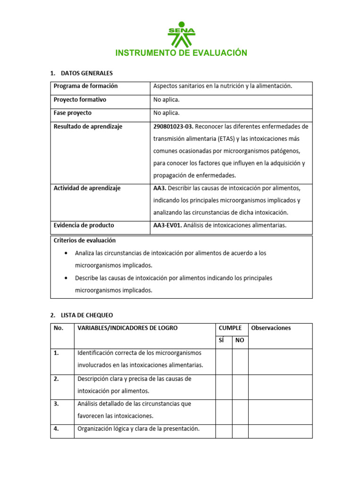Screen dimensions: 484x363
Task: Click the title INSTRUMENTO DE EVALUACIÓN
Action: [181, 53]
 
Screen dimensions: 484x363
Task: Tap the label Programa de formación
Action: [86, 86]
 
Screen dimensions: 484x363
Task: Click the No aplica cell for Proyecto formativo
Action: [166, 100]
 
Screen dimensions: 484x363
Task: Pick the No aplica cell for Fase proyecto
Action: [166, 113]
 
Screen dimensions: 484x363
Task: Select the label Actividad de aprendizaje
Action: [87, 188]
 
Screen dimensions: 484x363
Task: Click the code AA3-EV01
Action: [167, 225]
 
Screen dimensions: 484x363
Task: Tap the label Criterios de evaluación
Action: [85, 241]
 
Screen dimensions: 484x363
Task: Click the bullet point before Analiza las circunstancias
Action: [64, 253]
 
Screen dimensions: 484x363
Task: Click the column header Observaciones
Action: [271, 328]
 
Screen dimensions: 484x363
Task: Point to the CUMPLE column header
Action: [230, 328]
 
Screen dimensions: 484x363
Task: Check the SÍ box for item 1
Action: [224, 362]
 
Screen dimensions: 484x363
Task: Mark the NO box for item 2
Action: [240, 387]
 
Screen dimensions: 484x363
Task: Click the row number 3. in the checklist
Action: [56, 404]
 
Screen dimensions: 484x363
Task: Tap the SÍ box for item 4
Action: [224, 431]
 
